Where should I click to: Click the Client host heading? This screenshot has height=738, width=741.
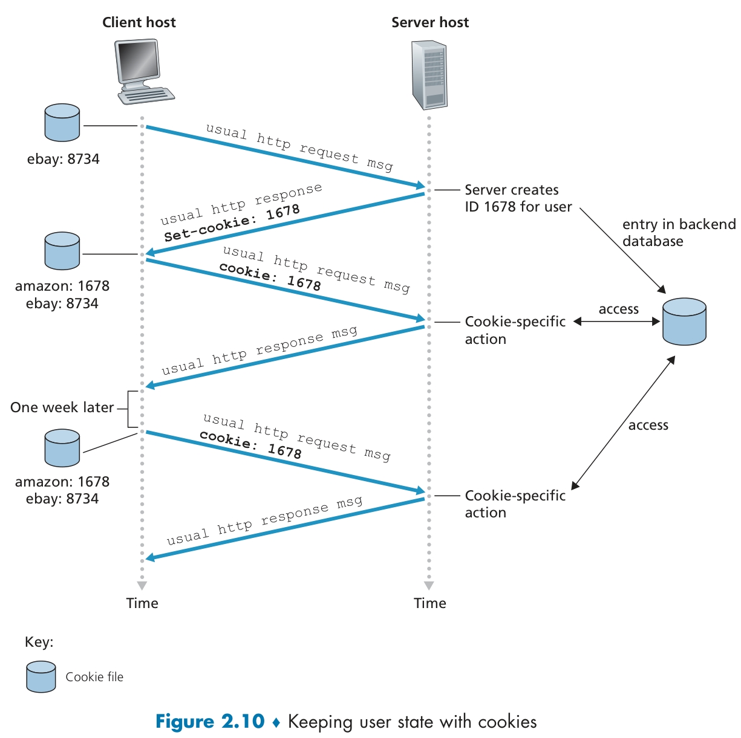point(139,22)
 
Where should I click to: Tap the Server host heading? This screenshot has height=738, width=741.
point(429,22)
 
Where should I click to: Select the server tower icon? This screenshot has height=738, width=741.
point(429,75)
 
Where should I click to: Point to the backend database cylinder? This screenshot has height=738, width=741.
point(684,322)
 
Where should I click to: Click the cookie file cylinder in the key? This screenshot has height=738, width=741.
point(41,676)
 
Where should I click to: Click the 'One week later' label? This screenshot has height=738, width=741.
point(62,407)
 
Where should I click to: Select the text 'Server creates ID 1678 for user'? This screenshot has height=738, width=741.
point(518,198)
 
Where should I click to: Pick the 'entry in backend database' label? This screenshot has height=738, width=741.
point(678,233)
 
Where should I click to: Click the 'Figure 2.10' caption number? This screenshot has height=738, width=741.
point(210,722)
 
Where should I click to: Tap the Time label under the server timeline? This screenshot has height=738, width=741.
point(429,603)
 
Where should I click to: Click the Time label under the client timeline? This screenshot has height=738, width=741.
point(142,603)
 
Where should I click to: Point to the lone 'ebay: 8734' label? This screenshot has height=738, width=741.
point(63,159)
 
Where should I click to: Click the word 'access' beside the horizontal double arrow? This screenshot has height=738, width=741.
point(618,309)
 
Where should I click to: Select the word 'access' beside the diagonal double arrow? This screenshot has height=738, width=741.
point(648,426)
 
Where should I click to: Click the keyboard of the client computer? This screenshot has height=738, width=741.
point(146,95)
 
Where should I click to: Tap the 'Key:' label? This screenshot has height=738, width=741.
point(39,642)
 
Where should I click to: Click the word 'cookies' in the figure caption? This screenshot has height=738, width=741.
point(507,722)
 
